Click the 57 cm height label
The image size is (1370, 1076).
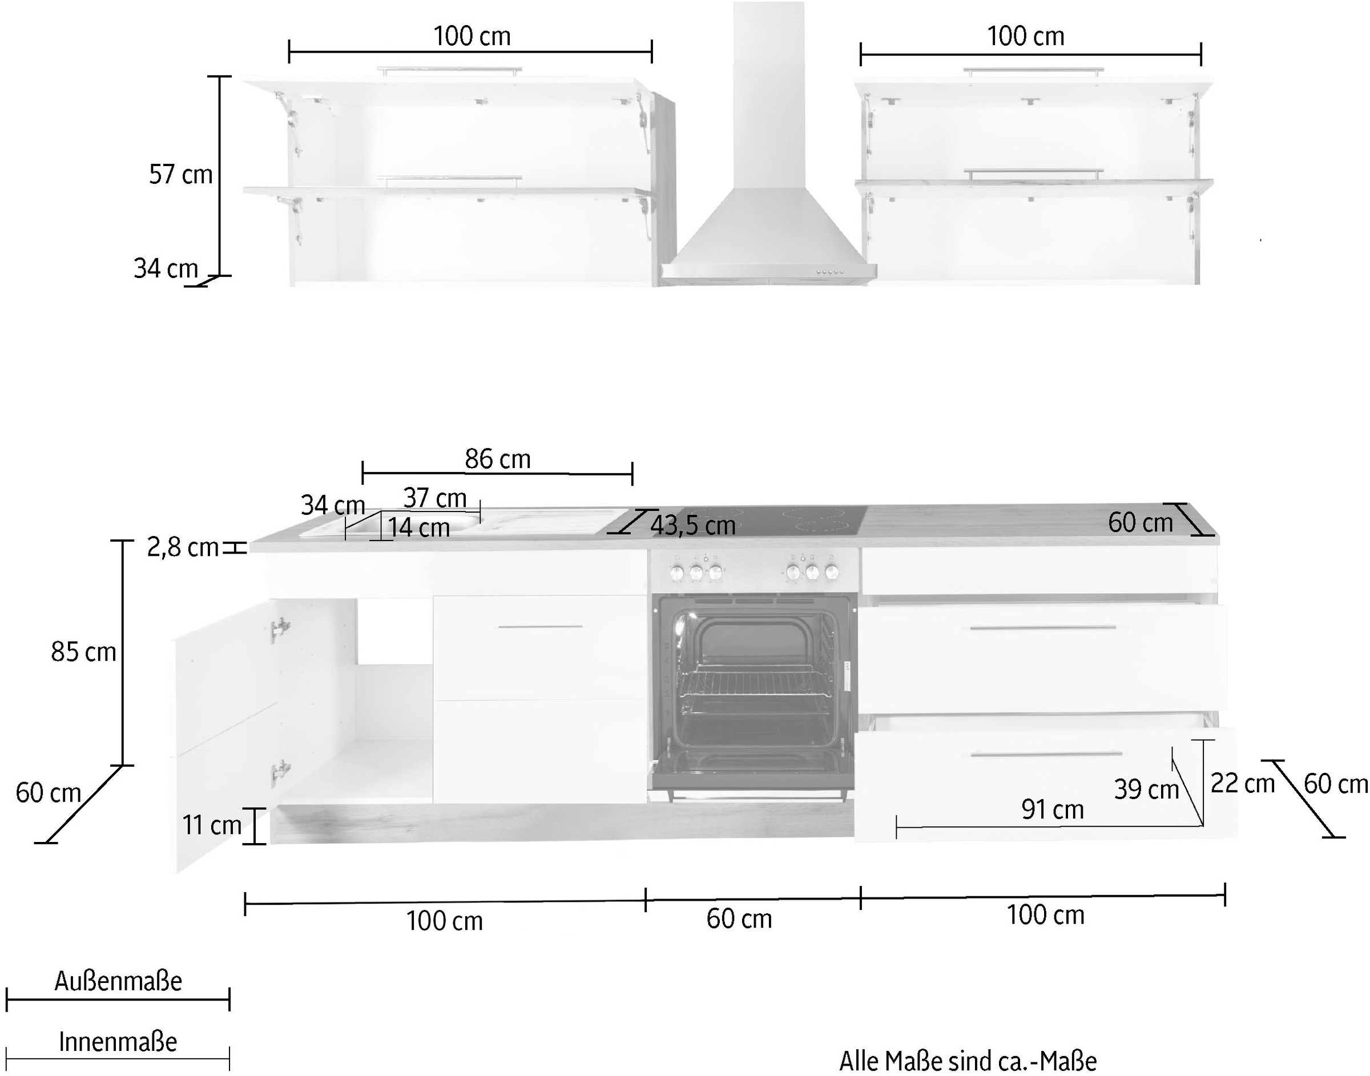pyautogui.click(x=181, y=175)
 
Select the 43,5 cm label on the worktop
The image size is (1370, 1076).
pyautogui.click(x=693, y=525)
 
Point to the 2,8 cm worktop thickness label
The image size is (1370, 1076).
pyautogui.click(x=183, y=547)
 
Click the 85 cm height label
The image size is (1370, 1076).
pyautogui.click(x=84, y=652)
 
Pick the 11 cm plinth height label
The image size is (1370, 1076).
pyautogui.click(x=212, y=825)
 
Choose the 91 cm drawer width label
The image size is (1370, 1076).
pyautogui.click(x=1053, y=809)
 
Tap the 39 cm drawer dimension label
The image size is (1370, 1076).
pyautogui.click(x=1146, y=789)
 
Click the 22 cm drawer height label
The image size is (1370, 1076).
pyautogui.click(x=1243, y=784)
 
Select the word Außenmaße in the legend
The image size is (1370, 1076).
pyautogui.click(x=118, y=981)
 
